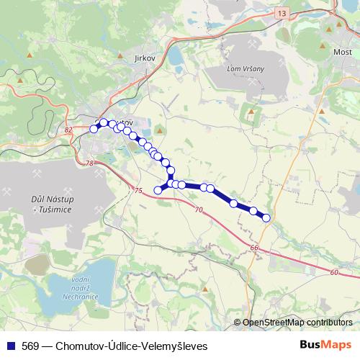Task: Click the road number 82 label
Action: click(68, 130)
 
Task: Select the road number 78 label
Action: click(90, 164)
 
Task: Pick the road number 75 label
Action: click(138, 190)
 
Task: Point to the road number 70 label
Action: click(199, 210)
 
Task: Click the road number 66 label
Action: click(254, 248)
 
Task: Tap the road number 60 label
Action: click(334, 273)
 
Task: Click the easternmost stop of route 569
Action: click(266, 217)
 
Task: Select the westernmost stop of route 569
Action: click(94, 129)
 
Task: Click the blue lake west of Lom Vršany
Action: click(176, 56)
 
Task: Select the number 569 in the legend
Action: click(30, 346)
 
